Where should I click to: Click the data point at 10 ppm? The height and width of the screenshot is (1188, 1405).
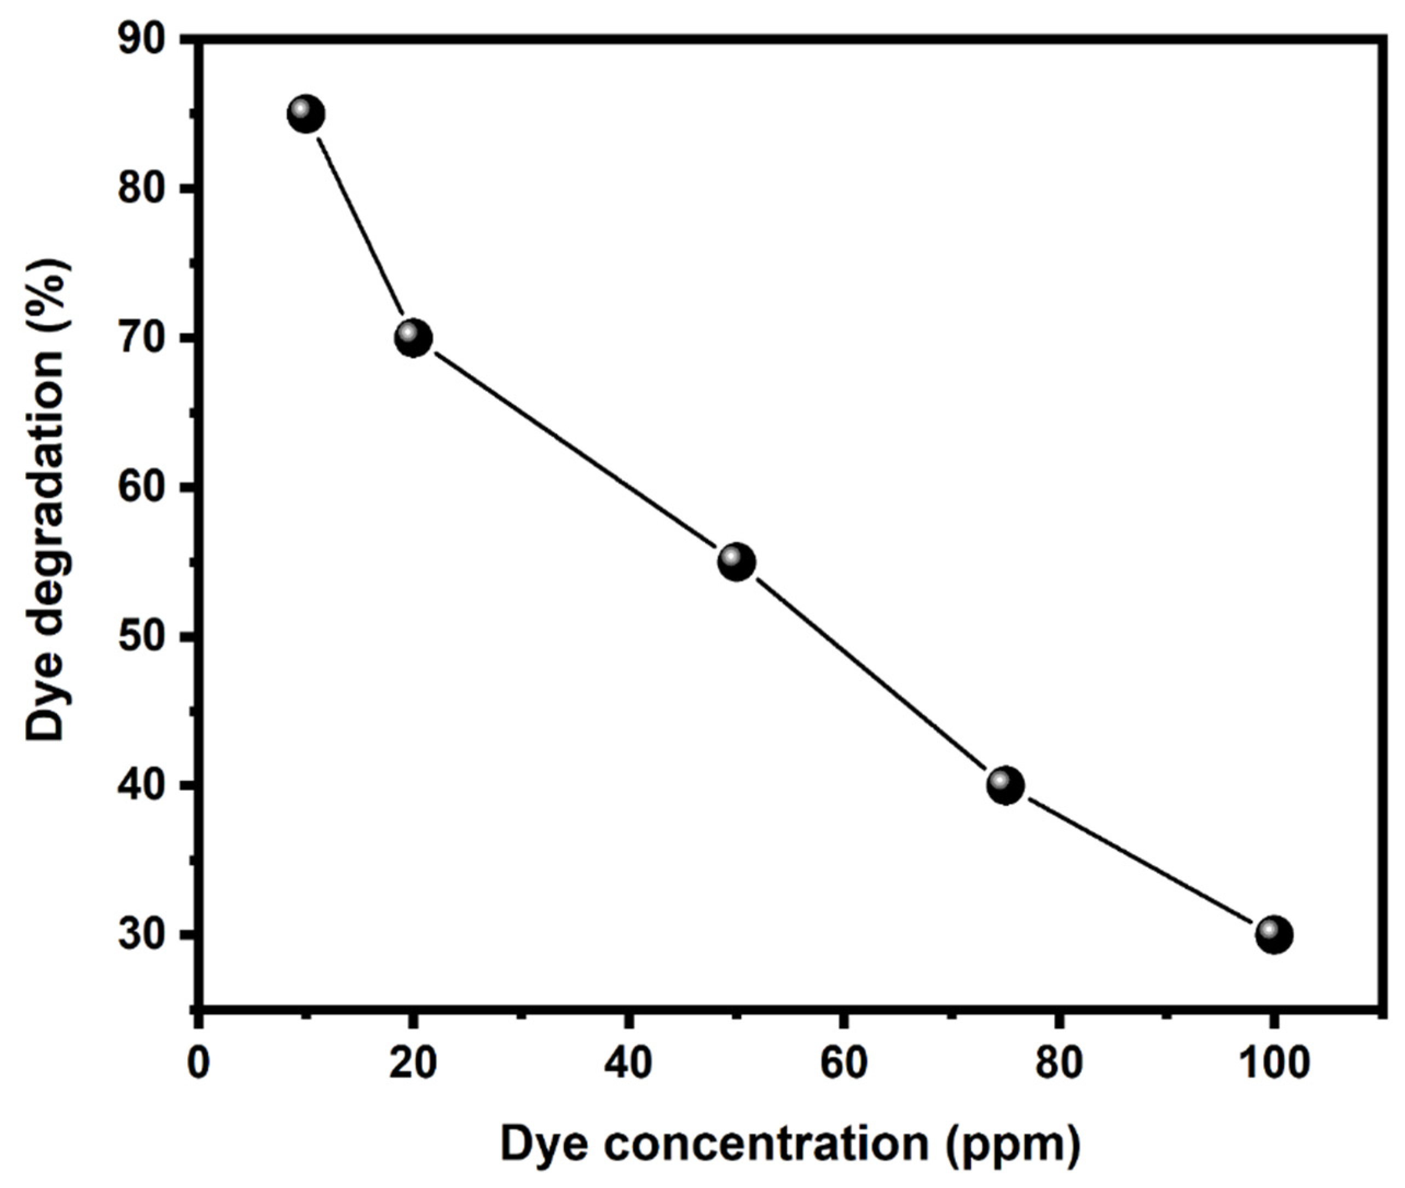(306, 114)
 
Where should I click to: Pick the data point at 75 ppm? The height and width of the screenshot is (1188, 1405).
(1005, 785)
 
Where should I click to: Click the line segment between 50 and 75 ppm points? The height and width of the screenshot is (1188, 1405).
(871, 674)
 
